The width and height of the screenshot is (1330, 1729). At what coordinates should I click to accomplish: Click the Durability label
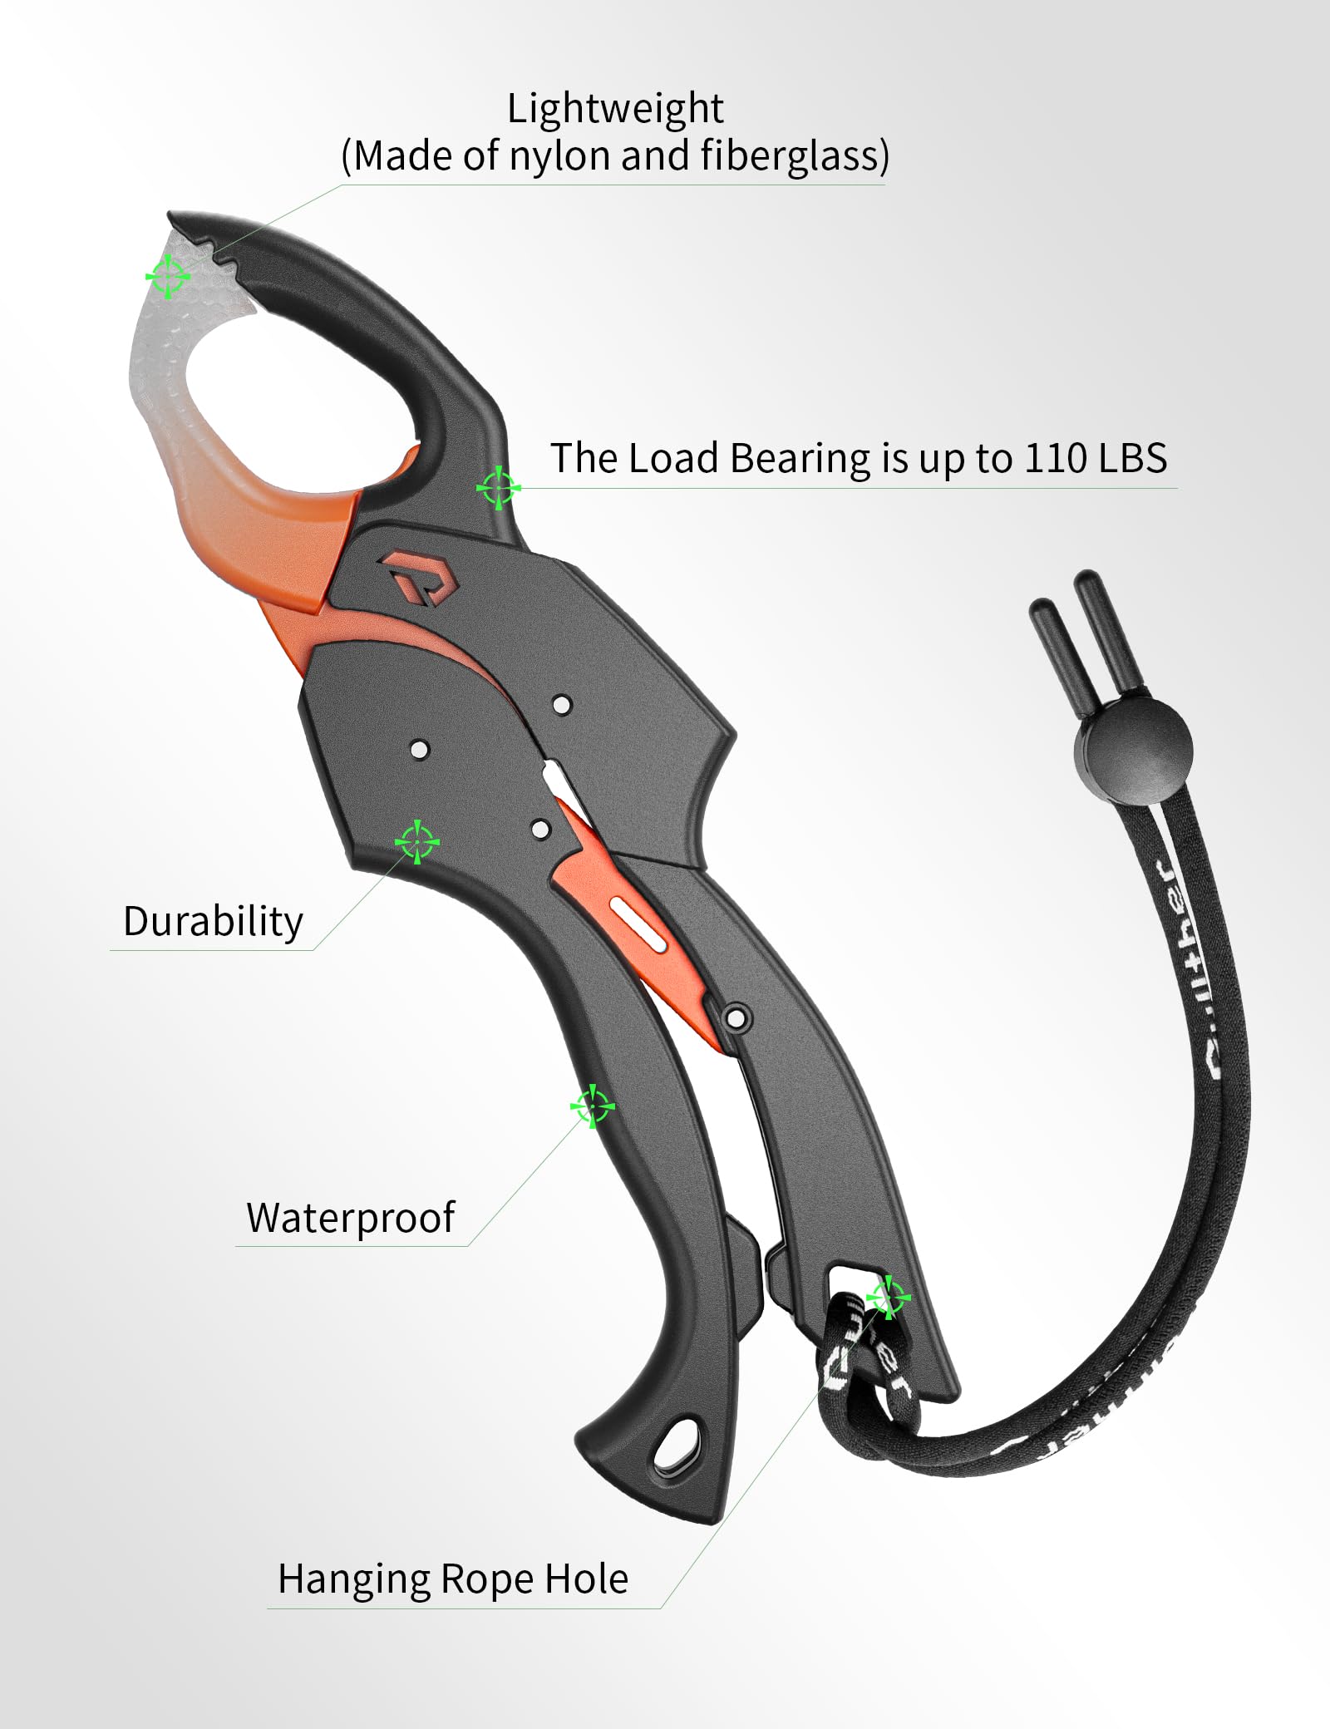[213, 922]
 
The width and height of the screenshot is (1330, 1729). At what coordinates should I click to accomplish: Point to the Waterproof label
[350, 1218]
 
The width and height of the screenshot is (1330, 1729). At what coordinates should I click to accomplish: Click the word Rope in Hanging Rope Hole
[490, 1579]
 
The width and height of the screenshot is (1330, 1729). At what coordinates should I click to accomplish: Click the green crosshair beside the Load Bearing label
[498, 488]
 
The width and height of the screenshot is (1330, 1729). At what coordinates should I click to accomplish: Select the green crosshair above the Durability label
[416, 842]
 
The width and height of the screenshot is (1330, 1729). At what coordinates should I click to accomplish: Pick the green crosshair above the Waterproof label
[592, 1106]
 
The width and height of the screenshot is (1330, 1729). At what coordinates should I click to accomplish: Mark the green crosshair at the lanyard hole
[888, 1296]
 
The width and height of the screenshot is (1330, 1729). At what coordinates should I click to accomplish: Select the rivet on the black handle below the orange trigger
[736, 1017]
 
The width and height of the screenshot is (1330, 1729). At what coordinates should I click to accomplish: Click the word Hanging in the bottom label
[354, 1579]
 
